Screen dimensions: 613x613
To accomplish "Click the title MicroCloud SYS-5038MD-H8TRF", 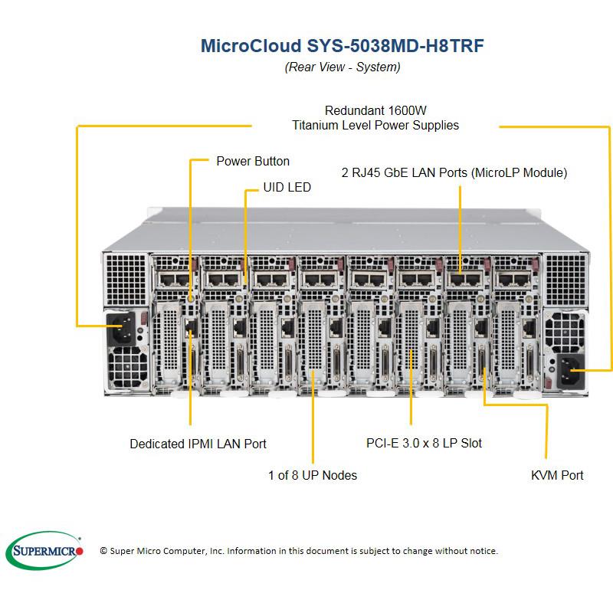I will [342, 45].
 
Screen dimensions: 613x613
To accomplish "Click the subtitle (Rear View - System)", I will [342, 67].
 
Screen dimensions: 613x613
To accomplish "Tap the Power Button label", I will [253, 161].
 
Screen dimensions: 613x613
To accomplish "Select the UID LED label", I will [287, 187].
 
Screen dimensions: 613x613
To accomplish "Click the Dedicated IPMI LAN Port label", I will [198, 444].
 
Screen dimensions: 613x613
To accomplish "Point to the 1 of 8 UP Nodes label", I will [313, 475].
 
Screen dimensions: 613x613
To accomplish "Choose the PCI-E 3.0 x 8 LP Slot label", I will [424, 443].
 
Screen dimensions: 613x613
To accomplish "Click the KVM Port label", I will [557, 475].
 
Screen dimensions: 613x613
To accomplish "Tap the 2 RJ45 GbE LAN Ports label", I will [454, 172].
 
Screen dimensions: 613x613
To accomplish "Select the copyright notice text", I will [299, 551].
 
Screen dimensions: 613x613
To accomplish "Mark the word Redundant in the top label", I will [352, 109].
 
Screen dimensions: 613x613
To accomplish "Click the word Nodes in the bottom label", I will [339, 475].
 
